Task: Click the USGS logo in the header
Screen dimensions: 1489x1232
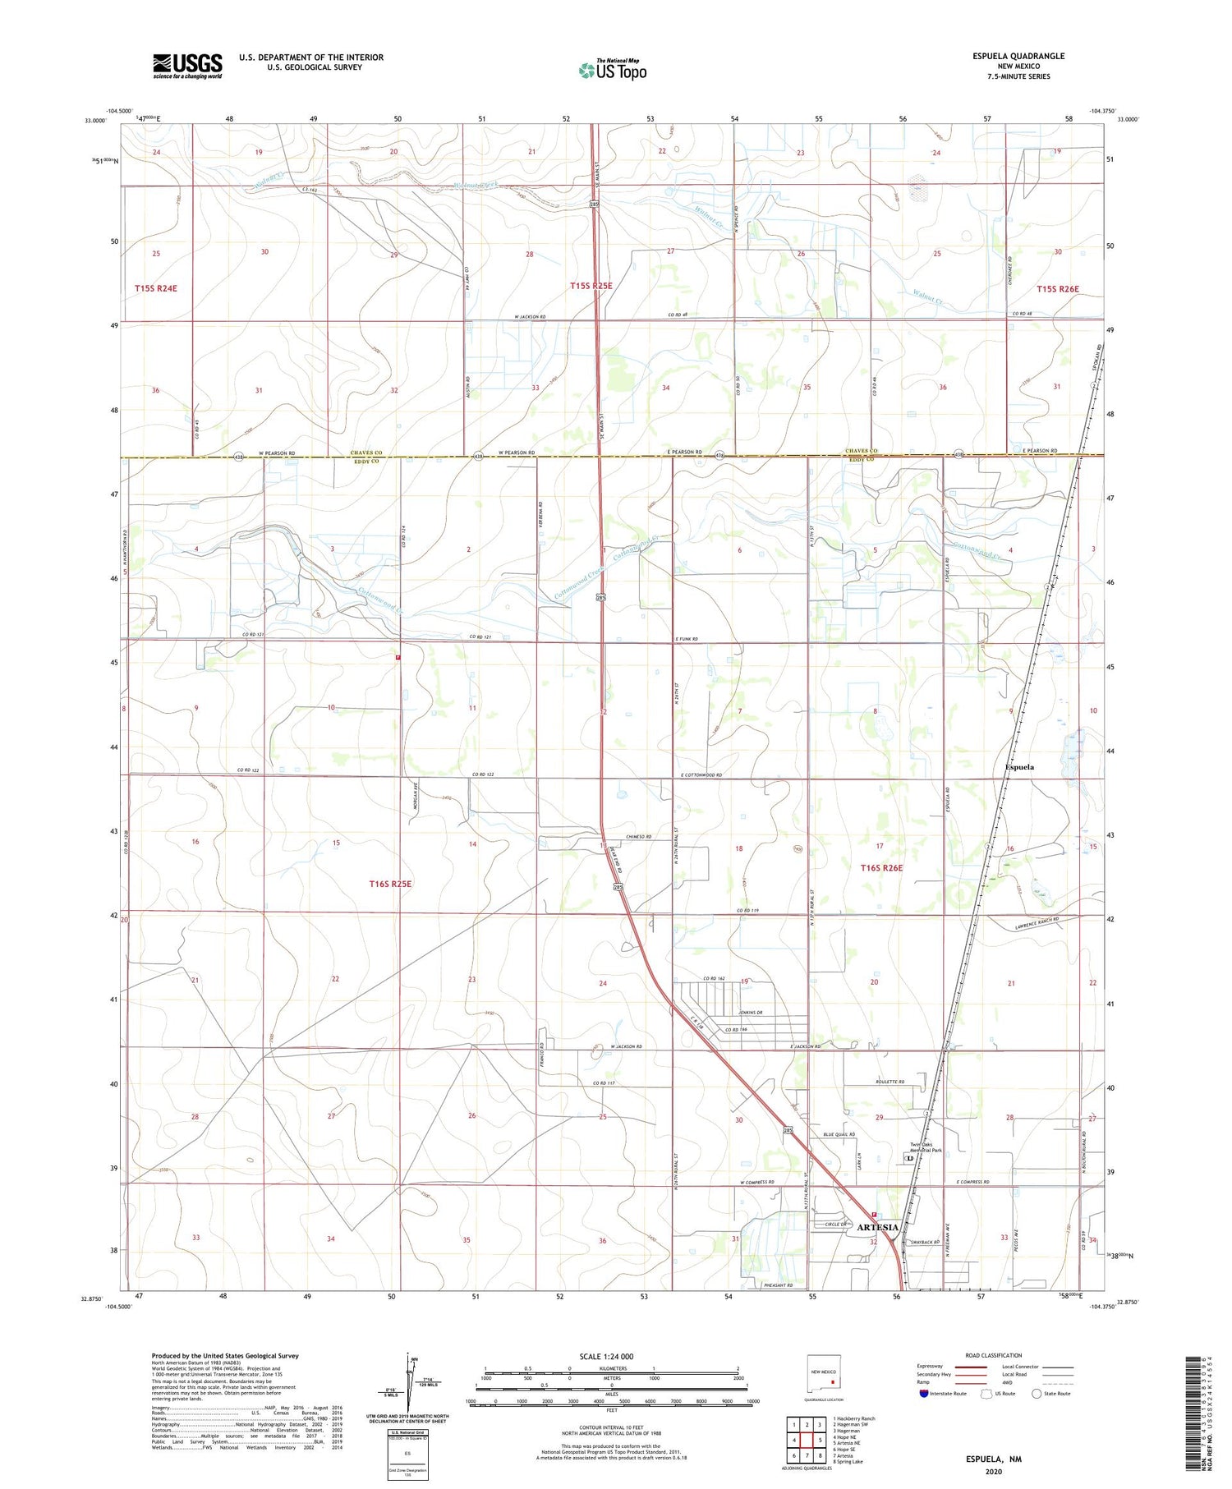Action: pyautogui.click(x=187, y=65)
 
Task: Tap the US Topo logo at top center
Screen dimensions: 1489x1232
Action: pyautogui.click(x=612, y=70)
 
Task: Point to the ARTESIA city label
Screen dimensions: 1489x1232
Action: pyautogui.click(x=878, y=1227)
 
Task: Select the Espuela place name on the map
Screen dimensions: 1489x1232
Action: pyautogui.click(x=1019, y=766)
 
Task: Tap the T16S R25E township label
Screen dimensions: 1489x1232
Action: pyautogui.click(x=389, y=883)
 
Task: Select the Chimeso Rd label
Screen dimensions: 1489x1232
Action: pyautogui.click(x=638, y=836)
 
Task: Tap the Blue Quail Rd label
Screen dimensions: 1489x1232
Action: pyautogui.click(x=839, y=1134)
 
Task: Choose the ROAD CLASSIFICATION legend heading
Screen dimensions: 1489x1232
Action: pyautogui.click(x=994, y=1355)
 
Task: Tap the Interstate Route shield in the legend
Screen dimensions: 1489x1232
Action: pyautogui.click(x=924, y=1393)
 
